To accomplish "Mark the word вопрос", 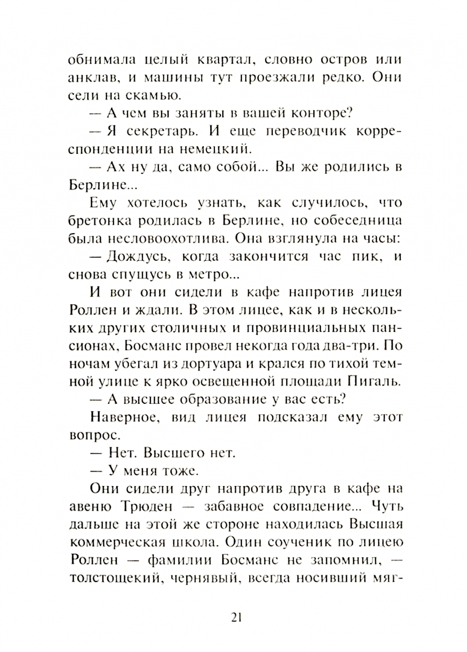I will [92, 435].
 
